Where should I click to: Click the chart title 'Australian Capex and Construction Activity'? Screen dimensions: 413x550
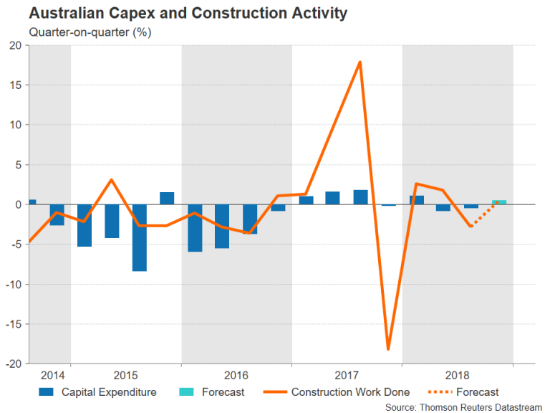click(x=188, y=13)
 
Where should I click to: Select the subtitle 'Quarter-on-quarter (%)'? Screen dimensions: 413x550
click(x=90, y=32)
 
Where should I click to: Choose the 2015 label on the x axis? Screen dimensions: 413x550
click(x=125, y=375)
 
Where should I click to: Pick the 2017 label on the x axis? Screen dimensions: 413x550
click(x=347, y=375)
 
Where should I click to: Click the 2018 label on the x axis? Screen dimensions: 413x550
click(x=457, y=375)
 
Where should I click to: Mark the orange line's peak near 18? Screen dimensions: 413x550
click(x=360, y=62)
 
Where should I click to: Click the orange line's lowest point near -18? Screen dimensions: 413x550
click(x=387, y=349)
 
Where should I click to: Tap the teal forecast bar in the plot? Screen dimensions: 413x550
click(x=498, y=202)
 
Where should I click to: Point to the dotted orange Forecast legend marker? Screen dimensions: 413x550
click(x=437, y=392)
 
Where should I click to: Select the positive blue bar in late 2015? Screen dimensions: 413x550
click(x=167, y=199)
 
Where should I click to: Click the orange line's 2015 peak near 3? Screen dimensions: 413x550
click(x=112, y=180)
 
